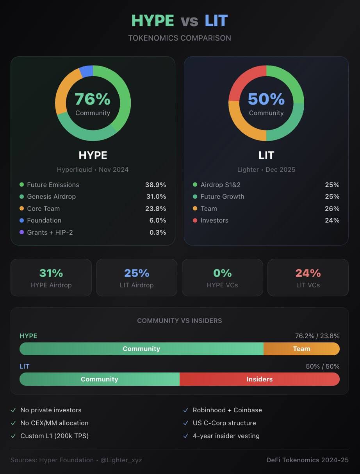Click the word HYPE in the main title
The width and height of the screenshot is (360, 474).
pos(153,21)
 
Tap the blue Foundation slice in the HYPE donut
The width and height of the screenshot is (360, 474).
pos(86,71)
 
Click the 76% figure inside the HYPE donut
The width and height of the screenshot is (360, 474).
pos(93,99)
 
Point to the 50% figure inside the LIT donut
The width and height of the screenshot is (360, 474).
pos(266,99)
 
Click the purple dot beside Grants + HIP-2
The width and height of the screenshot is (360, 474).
pos(21,232)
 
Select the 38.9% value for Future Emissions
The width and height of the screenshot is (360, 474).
pos(155,185)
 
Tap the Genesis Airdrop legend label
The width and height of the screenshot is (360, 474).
pos(51,196)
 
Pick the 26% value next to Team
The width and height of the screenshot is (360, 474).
pos(332,208)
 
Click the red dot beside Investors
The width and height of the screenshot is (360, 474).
pos(195,220)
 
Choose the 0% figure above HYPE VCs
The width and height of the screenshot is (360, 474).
pos(222,273)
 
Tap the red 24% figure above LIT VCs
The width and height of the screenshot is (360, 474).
pos(308,273)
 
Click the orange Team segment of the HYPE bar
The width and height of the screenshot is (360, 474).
pos(301,349)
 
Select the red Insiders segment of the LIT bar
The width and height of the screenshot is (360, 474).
pos(260,379)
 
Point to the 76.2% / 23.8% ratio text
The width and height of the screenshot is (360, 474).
pos(317,336)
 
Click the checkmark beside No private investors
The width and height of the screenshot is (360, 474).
pos(13,410)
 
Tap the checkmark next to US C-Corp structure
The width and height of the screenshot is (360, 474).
pos(185,423)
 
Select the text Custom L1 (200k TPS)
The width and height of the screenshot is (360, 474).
pos(54,436)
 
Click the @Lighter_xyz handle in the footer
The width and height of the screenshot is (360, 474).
pos(121,460)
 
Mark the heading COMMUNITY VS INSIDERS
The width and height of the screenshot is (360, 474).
pos(180,321)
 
